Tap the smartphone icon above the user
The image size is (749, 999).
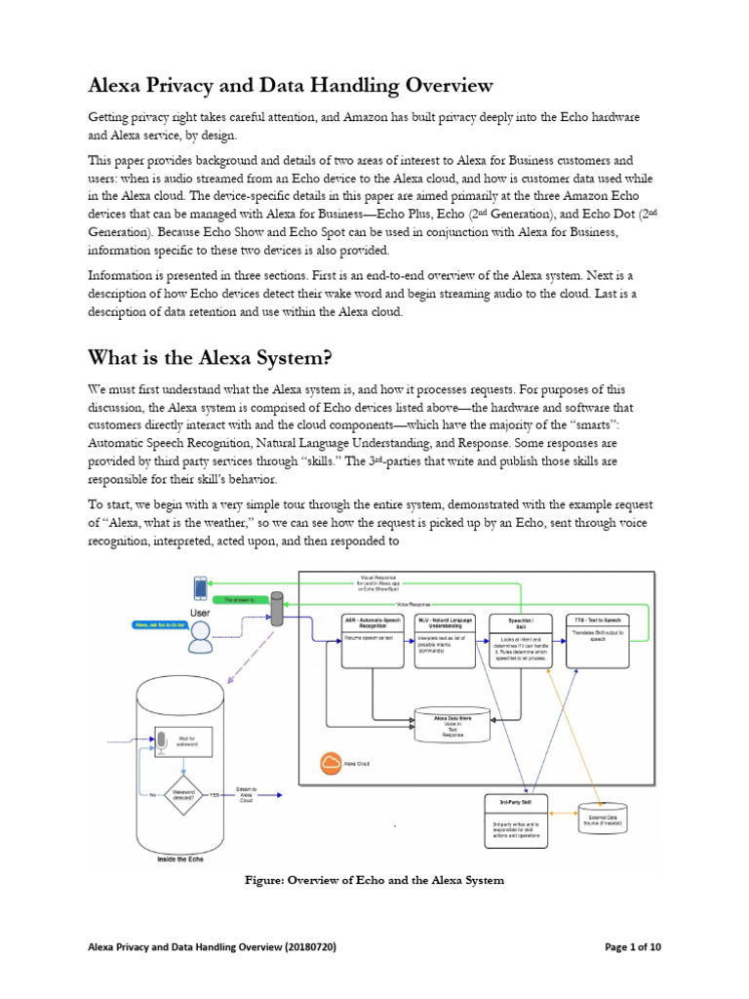pyautogui.click(x=201, y=589)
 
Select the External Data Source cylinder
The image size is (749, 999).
pyautogui.click(x=603, y=818)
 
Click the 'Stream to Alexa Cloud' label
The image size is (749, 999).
pyautogui.click(x=246, y=795)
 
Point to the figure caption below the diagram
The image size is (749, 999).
pyautogui.click(x=374, y=880)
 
